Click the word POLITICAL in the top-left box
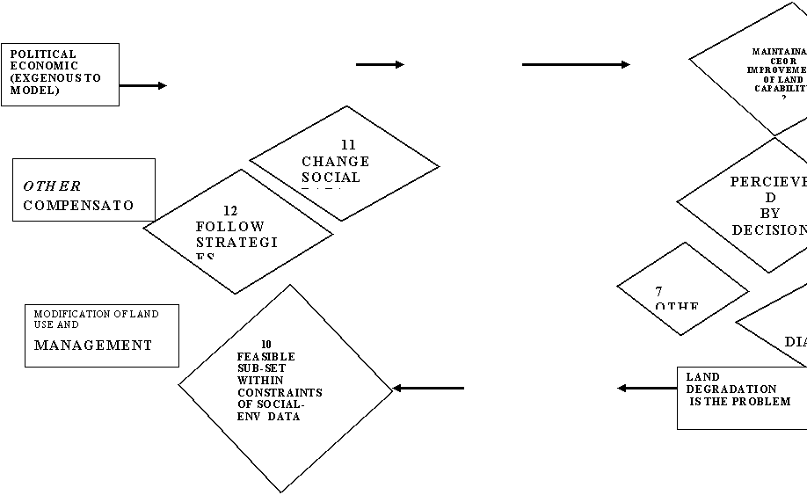(x=43, y=55)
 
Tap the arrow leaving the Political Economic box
(x=142, y=86)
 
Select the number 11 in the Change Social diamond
(x=348, y=145)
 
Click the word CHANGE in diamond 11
(x=335, y=162)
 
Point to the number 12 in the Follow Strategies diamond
(x=230, y=211)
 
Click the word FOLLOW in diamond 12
(x=217, y=226)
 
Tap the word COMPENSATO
(x=78, y=206)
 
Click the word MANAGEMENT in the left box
(x=92, y=346)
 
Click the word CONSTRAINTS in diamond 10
(x=279, y=393)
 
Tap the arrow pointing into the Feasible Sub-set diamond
(x=428, y=388)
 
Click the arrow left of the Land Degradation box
(x=647, y=388)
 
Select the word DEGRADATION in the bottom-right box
(x=731, y=389)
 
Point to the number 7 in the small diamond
(x=658, y=291)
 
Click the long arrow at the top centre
(x=576, y=64)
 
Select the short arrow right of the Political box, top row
(x=380, y=64)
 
